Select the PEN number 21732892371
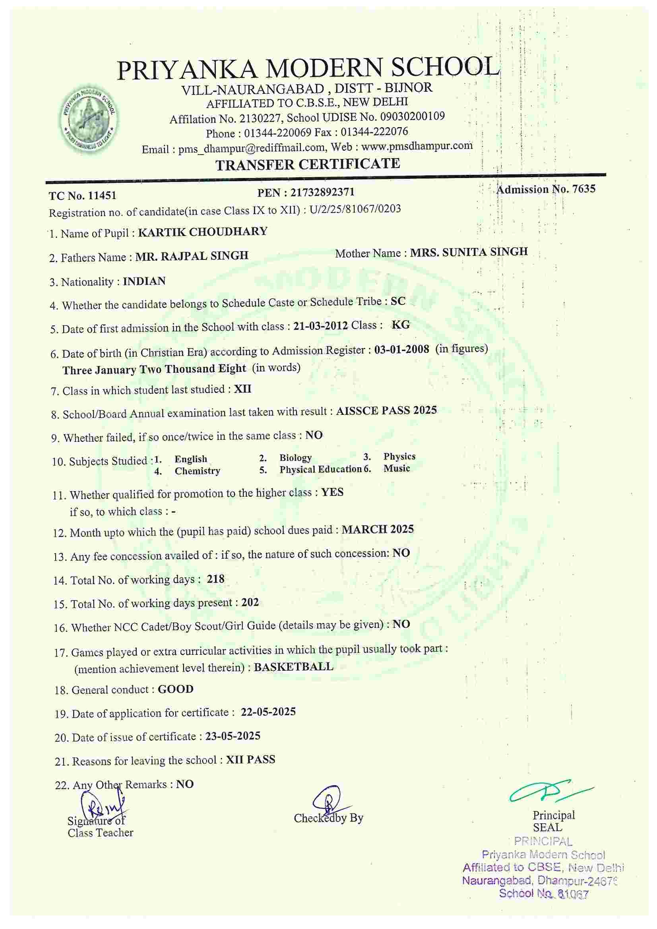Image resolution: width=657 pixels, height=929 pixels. (322, 193)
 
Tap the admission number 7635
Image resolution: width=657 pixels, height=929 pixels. (584, 189)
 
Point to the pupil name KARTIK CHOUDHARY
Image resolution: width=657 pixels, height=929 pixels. (202, 232)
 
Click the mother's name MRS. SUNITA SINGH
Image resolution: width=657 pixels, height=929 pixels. (469, 252)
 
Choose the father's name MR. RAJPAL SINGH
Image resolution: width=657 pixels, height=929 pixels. (192, 256)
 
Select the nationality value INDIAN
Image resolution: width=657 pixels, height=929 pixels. (144, 281)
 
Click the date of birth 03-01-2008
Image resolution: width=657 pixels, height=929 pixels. (401, 349)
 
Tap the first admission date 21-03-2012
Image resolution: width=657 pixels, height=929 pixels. (321, 326)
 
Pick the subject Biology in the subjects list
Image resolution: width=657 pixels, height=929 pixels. (295, 458)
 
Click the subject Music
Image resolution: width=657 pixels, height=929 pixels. (397, 468)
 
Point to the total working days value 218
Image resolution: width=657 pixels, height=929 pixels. (215, 579)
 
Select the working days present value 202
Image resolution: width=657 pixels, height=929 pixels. (250, 602)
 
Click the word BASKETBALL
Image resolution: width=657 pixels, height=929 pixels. (293, 667)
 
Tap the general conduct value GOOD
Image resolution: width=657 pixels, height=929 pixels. (176, 689)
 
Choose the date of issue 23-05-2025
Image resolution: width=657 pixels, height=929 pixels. (233, 736)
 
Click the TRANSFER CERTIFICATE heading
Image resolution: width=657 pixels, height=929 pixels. (308, 164)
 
